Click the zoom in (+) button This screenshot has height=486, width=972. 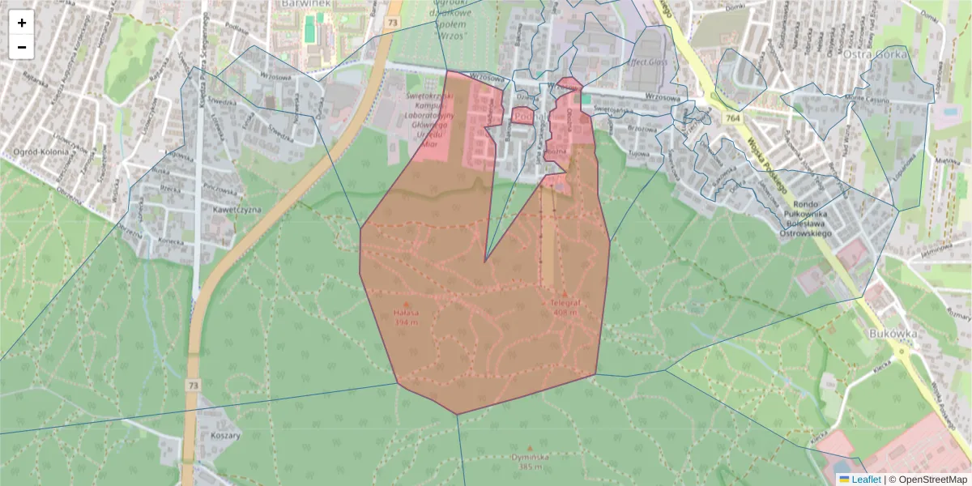pyautogui.click(x=22, y=23)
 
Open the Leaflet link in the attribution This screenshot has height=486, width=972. pyautogui.click(x=865, y=480)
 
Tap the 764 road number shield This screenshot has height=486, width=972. pyautogui.click(x=734, y=118)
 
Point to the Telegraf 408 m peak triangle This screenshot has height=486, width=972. pyautogui.click(x=565, y=293)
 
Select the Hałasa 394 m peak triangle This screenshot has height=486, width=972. pyautogui.click(x=407, y=305)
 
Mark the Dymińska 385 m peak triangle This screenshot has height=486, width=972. pyautogui.click(x=531, y=447)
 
